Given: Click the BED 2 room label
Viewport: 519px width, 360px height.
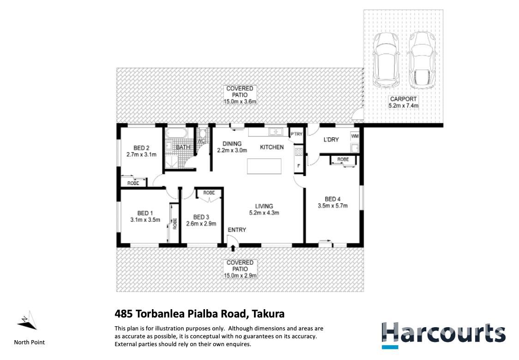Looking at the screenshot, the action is point(141,148).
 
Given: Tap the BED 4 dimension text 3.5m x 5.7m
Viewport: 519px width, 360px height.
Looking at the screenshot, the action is point(332,206).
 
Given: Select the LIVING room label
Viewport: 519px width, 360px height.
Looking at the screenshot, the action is point(264,206).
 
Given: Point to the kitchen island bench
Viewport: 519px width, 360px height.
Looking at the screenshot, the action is point(264,166).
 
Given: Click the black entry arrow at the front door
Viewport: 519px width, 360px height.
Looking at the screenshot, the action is point(233,248).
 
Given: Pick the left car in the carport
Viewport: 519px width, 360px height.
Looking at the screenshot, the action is point(386,60).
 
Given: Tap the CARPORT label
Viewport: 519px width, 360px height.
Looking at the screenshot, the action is point(403,99).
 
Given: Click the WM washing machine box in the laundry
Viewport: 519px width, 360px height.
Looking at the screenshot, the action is point(355,136).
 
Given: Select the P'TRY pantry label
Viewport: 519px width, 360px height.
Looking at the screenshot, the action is point(296,134).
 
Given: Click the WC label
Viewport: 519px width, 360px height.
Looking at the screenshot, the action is point(201,141).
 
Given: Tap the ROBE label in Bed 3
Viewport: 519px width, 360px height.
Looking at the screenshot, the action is point(209,193).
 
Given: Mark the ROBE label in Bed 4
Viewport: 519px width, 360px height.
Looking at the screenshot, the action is point(343,159).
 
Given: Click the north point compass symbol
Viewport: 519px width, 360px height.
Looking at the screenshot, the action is point(27,321).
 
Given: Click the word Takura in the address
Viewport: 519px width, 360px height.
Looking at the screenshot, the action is point(268,314).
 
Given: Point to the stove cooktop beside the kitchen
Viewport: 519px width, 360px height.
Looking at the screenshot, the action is point(299,152).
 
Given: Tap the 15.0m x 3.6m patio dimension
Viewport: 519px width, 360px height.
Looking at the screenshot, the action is point(240,101).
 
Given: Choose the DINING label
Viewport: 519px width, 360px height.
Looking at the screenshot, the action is point(232,144).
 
